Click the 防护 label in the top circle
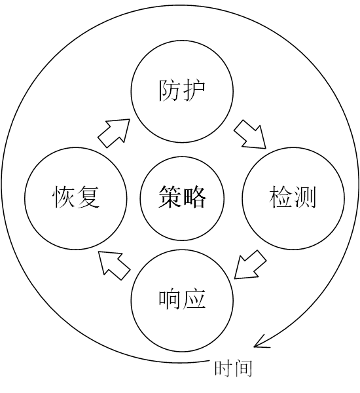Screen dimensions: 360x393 coord(182,90)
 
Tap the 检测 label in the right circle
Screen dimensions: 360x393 coord(293,197)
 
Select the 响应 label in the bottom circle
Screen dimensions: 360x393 coord(182,299)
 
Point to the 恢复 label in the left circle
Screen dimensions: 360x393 coord(76,197)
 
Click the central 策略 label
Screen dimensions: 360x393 coord(182,197)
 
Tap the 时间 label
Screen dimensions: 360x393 coord(233,368)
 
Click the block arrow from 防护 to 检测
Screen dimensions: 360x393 coord(251,134)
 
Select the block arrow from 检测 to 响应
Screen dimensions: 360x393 coord(250,265)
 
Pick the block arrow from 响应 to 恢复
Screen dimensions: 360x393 coord(114,265)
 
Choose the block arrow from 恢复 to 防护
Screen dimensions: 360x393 coord(114,133)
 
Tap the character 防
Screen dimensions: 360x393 coord(170,90)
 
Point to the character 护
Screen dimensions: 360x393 coord(194,90)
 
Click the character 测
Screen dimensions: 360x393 coord(305,197)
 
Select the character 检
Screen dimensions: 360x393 coord(280,197)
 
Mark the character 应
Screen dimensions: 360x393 coord(194,299)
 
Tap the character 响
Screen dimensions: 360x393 coord(170,299)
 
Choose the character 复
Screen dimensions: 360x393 coord(88,197)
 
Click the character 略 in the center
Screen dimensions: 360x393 coord(194,197)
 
